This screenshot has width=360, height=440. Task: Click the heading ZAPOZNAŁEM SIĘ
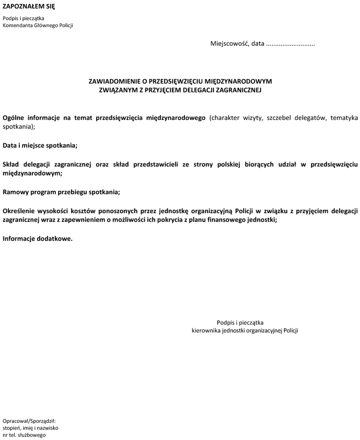(29, 6)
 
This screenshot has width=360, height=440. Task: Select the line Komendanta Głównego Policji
(38, 26)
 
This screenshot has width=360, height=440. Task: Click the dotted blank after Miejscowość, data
(290, 44)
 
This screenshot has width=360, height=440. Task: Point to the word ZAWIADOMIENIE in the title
(114, 81)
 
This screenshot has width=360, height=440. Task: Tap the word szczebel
(283, 118)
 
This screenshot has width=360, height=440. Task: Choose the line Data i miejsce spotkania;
(40, 146)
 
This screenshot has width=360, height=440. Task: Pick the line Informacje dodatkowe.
(37, 238)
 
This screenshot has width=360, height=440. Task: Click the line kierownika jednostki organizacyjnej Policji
(245, 330)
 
